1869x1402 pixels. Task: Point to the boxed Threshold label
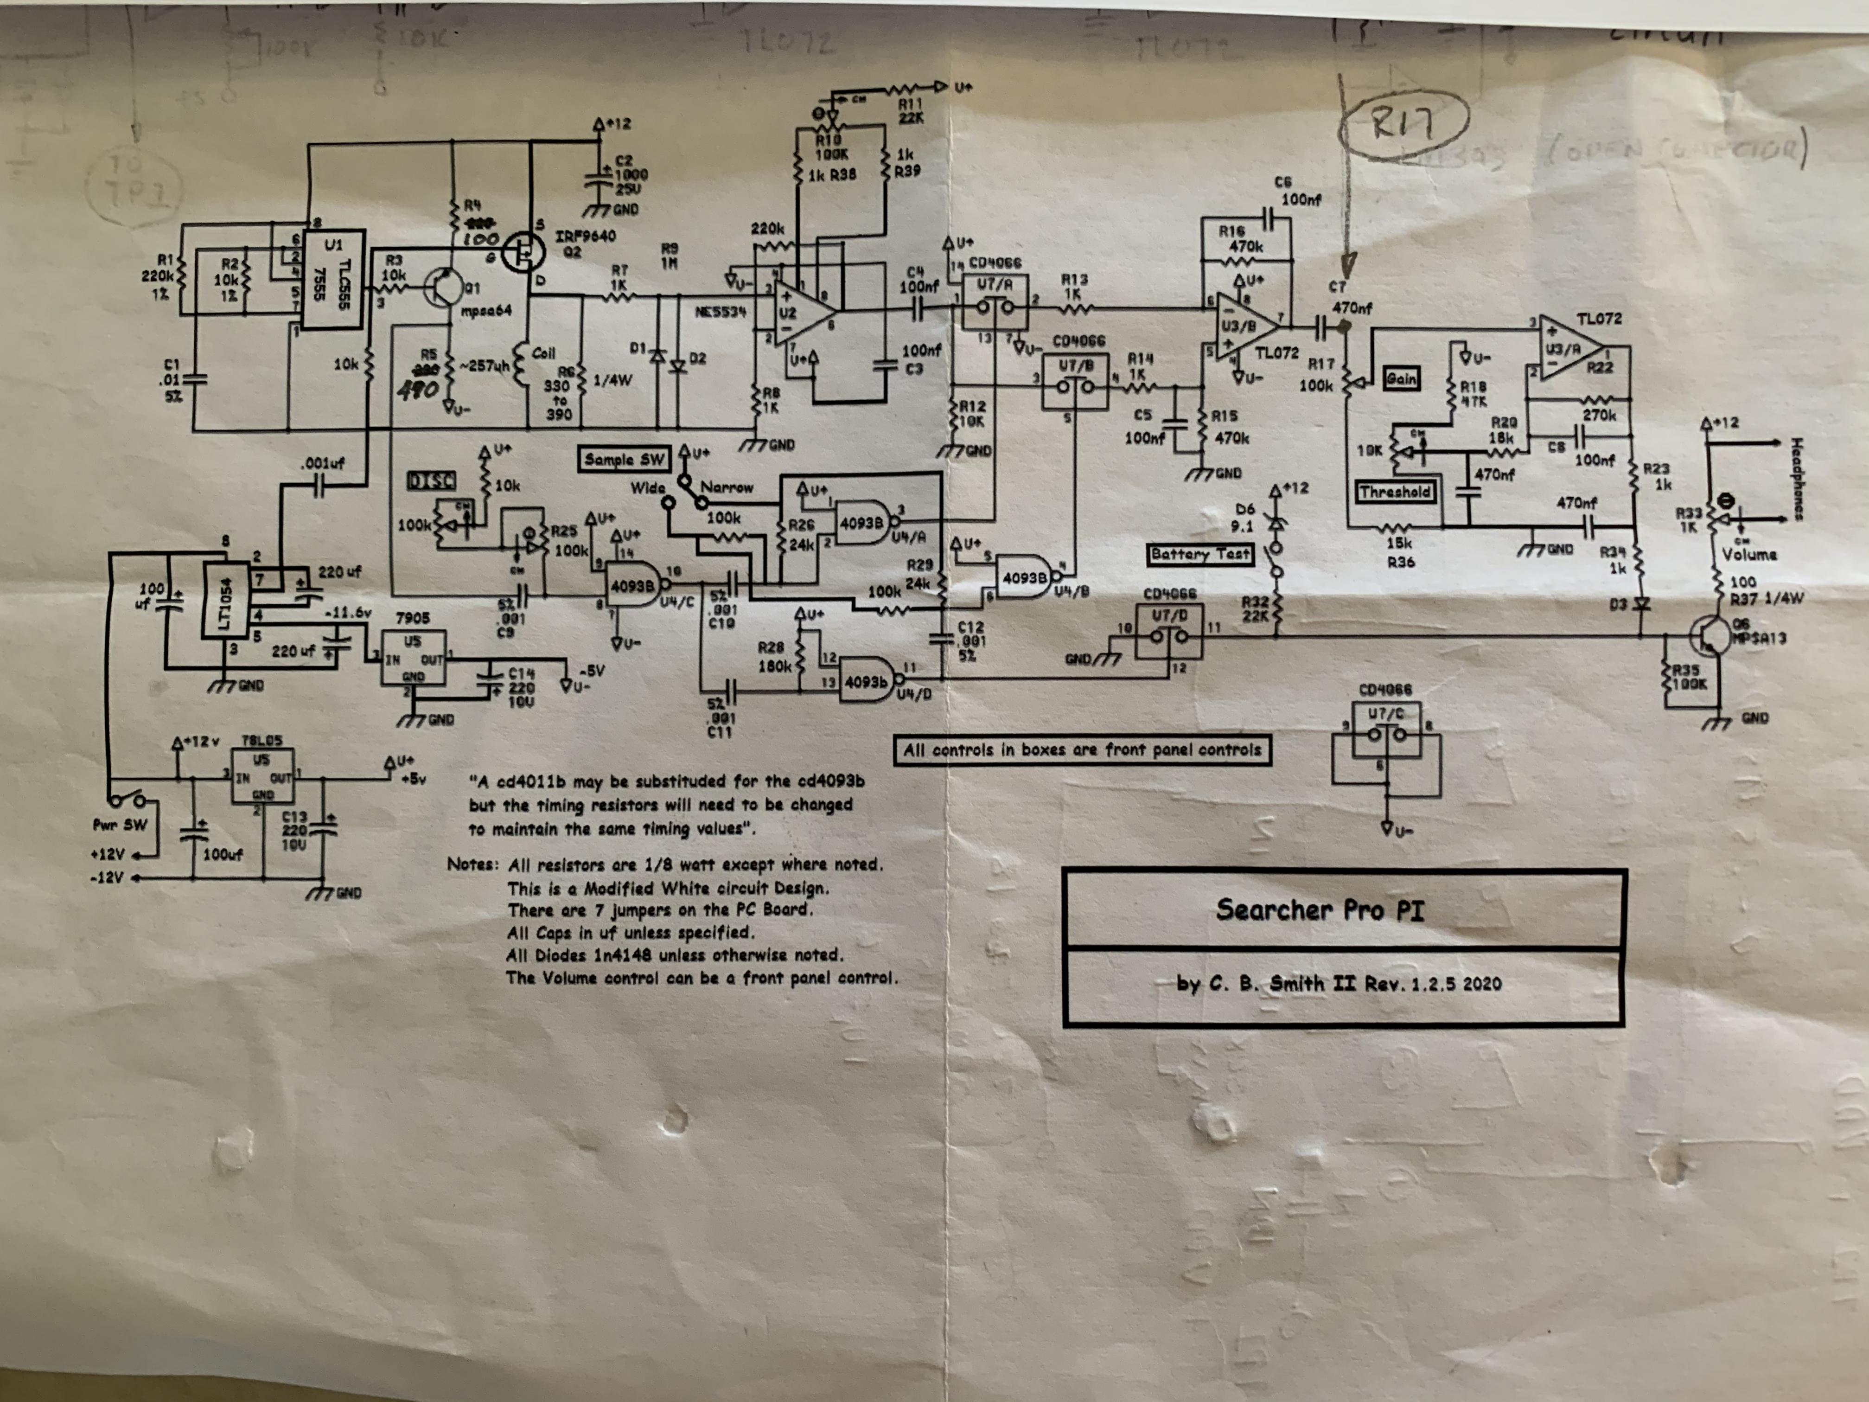tap(1395, 492)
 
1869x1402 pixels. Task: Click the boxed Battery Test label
tap(1200, 554)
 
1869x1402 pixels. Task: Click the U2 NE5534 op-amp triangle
tap(803, 314)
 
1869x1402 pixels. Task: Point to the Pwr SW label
tap(119, 825)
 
